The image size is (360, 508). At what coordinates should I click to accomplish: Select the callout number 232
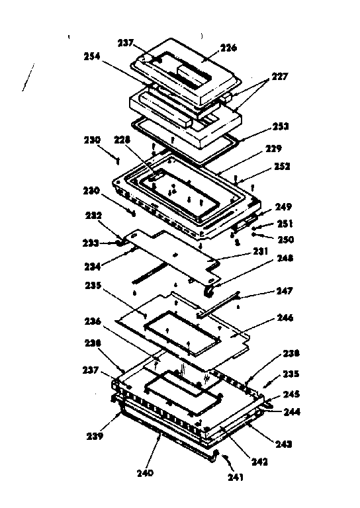click(93, 216)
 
